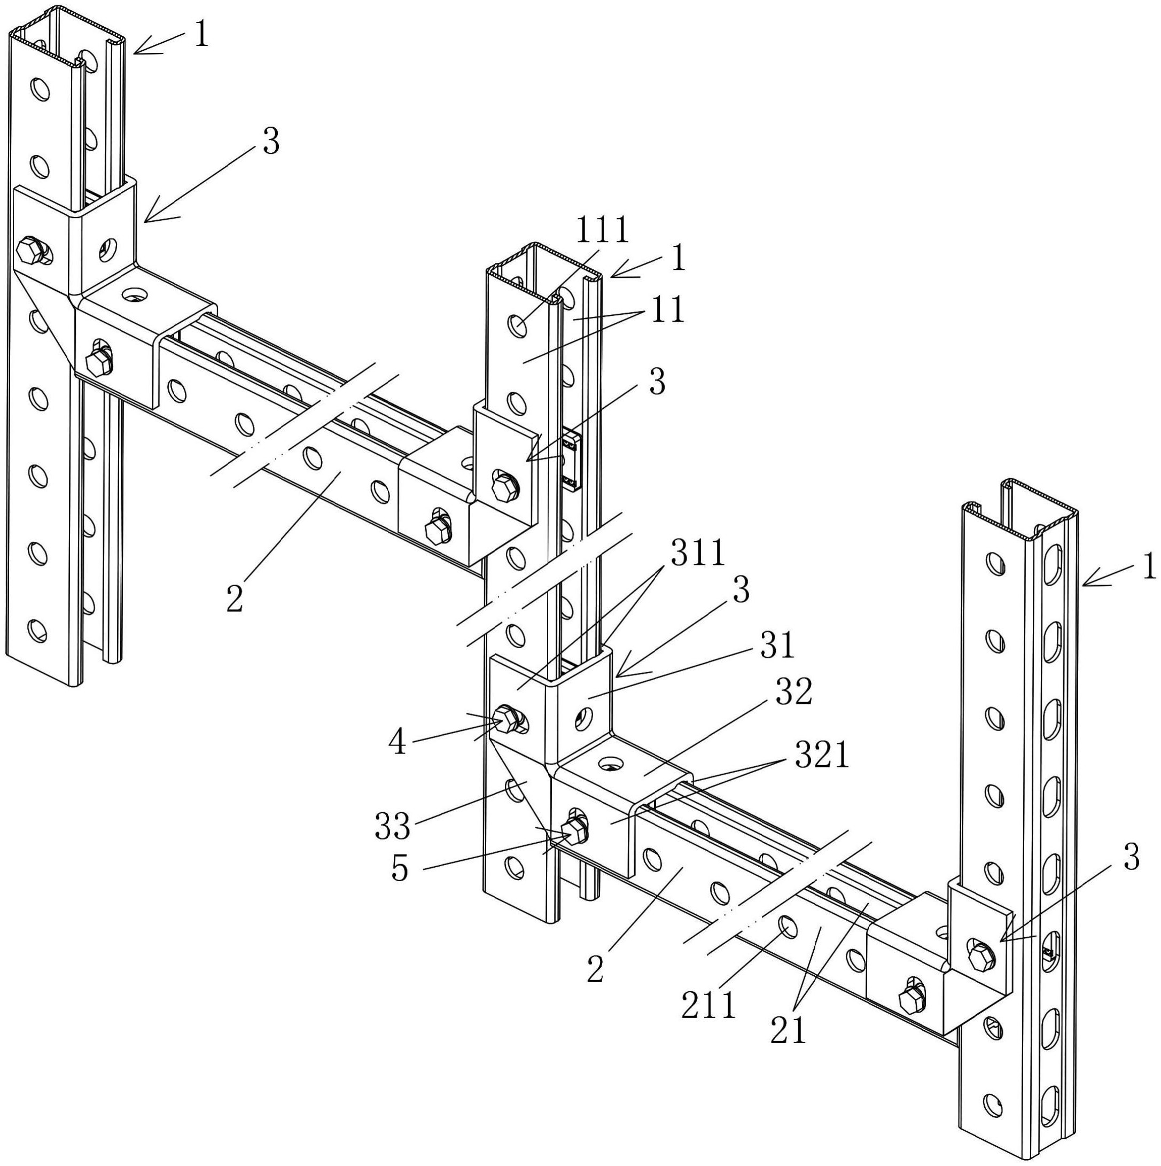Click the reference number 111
click(x=603, y=230)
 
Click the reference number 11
click(x=668, y=309)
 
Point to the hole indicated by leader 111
click(x=517, y=326)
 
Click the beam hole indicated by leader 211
click(x=786, y=924)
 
